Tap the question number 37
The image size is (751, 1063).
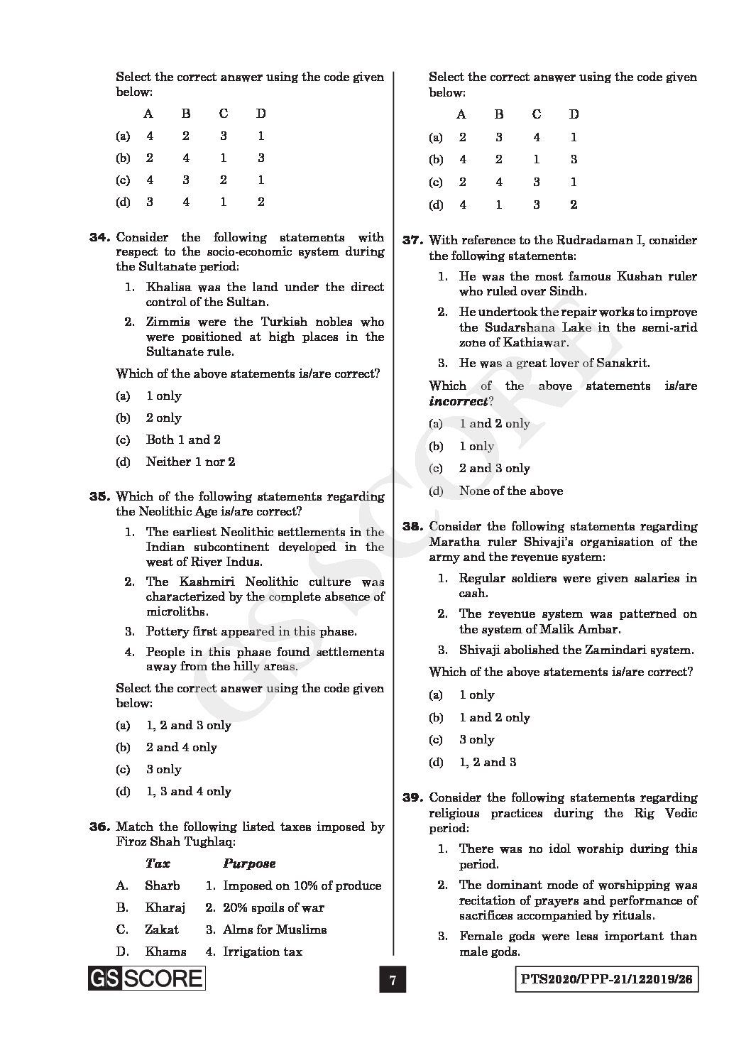(x=412, y=241)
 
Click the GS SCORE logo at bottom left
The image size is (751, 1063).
(x=146, y=979)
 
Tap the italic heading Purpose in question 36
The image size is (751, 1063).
(x=249, y=864)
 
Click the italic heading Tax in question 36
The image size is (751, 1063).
(x=157, y=864)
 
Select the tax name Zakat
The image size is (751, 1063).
(x=162, y=930)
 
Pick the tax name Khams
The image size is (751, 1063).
(x=165, y=952)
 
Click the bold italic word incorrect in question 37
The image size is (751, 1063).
(x=458, y=401)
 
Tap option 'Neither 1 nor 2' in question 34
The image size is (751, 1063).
(x=190, y=462)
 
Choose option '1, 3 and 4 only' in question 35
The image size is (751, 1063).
(x=188, y=792)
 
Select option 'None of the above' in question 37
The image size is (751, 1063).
(x=510, y=491)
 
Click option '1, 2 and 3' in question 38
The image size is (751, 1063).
(x=487, y=763)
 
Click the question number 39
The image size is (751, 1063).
(x=412, y=798)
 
